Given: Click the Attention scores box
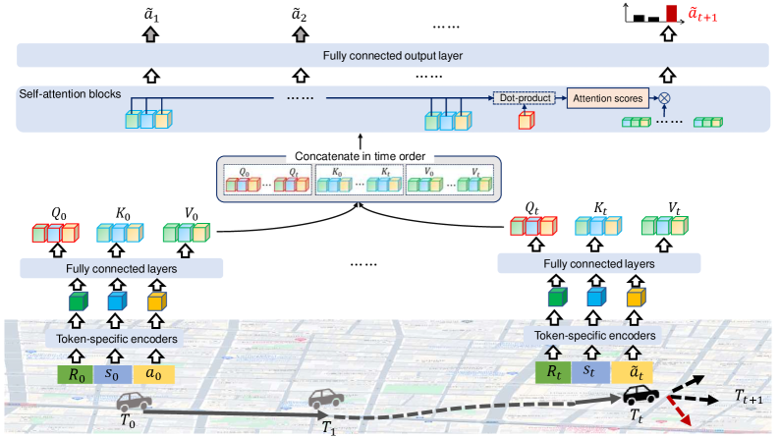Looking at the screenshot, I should [x=608, y=98].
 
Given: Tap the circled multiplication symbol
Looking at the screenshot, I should [x=665, y=98].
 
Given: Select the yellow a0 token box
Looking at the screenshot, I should [x=153, y=373].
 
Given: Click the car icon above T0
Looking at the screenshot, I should [x=135, y=401].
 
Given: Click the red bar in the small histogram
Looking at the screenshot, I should [x=672, y=13].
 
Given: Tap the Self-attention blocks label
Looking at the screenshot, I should [x=66, y=94].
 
